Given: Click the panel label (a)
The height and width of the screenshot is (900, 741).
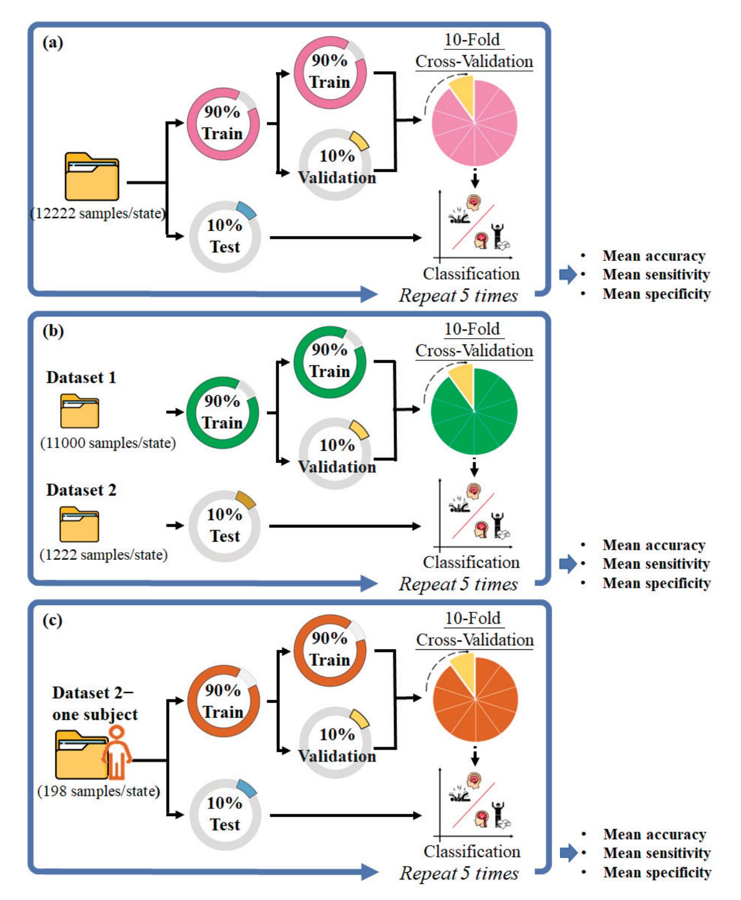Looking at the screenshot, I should click(52, 43).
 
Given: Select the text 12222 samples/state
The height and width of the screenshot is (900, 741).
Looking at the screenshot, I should click(98, 214).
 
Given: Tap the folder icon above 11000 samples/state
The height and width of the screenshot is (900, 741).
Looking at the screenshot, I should click(79, 411).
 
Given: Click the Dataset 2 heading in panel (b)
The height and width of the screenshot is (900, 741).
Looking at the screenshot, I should click(81, 490).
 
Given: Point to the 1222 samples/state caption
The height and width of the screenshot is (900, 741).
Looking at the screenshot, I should click(103, 555).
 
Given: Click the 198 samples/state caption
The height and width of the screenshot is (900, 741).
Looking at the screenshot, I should click(99, 791).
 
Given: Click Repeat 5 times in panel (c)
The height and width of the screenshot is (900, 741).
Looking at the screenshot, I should click(459, 873).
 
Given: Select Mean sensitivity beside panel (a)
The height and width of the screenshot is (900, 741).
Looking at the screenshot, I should click(656, 275).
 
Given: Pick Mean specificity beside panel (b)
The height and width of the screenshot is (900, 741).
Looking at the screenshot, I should click(656, 583).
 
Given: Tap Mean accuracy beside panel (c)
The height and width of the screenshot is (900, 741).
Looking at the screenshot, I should click(655, 834).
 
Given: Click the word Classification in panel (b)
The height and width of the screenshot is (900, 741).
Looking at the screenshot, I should click(471, 562).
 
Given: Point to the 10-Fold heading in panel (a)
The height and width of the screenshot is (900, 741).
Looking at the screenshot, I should click(472, 40).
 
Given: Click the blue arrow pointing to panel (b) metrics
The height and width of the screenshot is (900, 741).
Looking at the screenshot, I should click(568, 564).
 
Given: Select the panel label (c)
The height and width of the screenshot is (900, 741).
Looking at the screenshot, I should click(52, 621).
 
